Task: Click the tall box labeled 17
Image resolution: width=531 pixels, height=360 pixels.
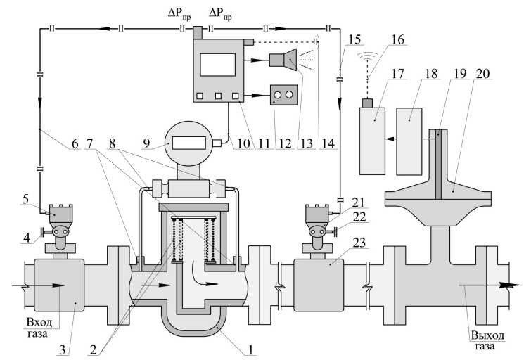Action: coord(373,141)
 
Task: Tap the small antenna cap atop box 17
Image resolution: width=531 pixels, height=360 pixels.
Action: coord(366,103)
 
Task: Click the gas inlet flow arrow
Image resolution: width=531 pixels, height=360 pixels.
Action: coord(43,286)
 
